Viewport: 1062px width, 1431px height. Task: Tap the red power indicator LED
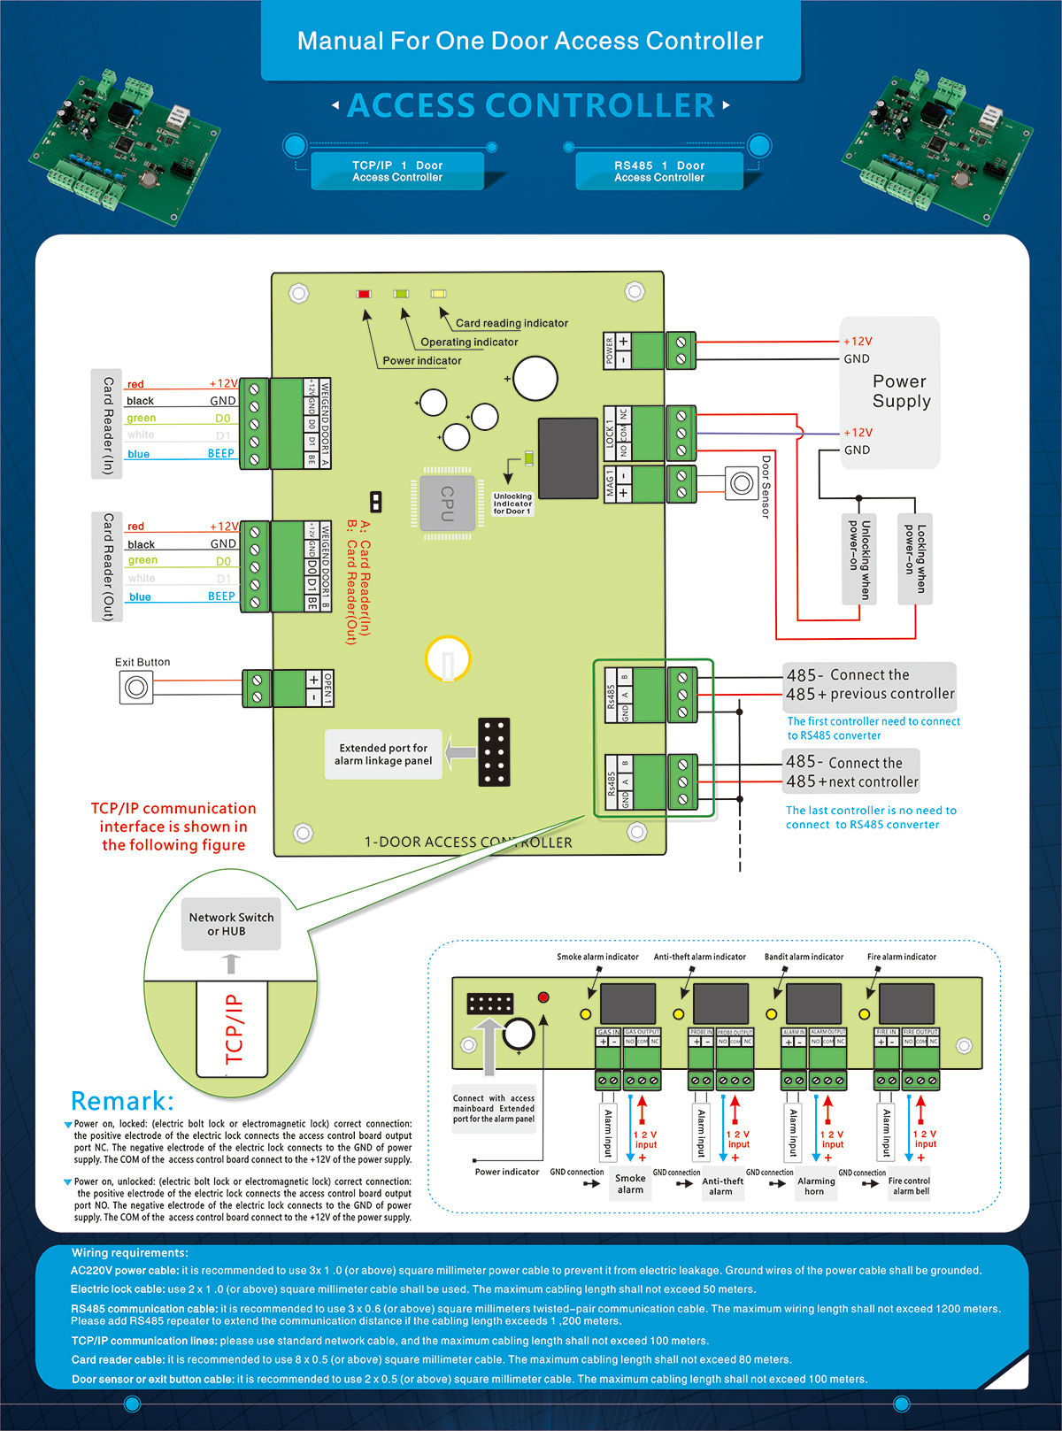(364, 294)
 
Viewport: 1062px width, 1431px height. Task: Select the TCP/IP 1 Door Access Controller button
(397, 172)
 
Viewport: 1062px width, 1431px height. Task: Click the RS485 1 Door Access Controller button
(659, 172)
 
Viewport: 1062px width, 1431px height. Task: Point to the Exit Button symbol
(136, 688)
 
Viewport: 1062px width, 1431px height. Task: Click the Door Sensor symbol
(741, 483)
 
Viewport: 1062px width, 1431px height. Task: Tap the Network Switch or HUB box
(231, 924)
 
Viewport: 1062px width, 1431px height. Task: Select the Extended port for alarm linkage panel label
(383, 754)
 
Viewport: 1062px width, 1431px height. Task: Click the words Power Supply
(900, 391)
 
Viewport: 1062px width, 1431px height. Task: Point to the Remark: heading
(122, 1101)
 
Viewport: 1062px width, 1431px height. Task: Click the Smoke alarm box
(630, 1184)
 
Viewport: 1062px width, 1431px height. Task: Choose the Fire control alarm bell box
(910, 1186)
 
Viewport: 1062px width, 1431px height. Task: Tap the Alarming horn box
(815, 1186)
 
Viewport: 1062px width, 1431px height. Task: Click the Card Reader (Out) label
(107, 566)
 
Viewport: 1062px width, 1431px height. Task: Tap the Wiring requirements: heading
(130, 1253)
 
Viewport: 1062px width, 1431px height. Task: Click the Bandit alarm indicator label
(804, 957)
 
